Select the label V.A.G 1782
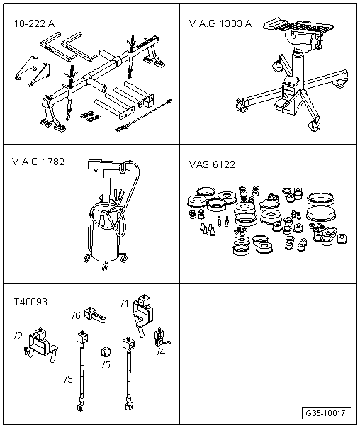pos(38,162)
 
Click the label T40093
pos(30,301)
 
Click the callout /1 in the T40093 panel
pos(124,304)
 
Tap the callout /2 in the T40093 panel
pos(18,334)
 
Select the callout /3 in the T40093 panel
pos(68,378)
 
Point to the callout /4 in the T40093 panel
pos(161,351)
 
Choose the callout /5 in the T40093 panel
pos(106,366)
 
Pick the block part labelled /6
pos(93,313)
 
